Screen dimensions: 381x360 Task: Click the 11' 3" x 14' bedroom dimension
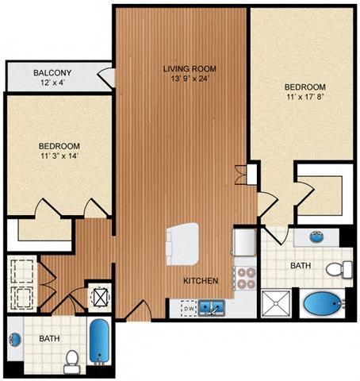(x=59, y=156)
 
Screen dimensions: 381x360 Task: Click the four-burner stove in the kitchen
(x=244, y=277)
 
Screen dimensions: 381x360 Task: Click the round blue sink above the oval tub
(x=316, y=237)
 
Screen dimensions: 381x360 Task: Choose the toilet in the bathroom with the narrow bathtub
(x=71, y=360)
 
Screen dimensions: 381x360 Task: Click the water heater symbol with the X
(x=100, y=298)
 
